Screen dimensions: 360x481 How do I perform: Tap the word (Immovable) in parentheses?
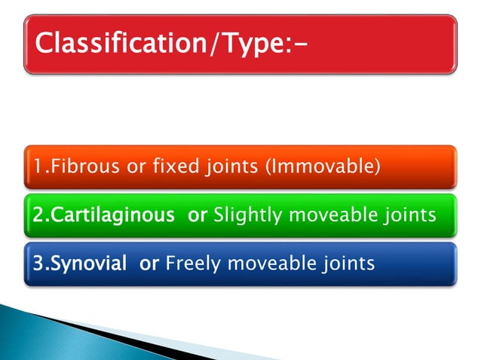coord(320,166)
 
